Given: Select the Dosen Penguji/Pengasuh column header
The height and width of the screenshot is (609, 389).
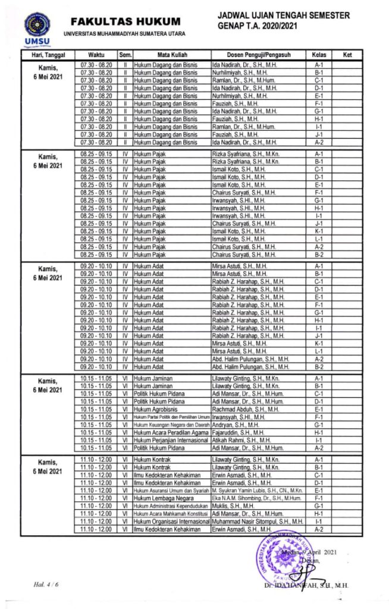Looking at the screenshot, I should pos(259,55).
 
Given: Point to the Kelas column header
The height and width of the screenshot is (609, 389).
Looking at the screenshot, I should pos(319,55).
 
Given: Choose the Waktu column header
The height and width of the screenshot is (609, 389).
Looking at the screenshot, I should pos(96,55).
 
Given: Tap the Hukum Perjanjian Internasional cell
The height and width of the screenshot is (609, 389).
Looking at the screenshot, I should pos(171,440).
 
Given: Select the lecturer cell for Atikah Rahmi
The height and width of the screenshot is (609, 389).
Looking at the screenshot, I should pos(238,440).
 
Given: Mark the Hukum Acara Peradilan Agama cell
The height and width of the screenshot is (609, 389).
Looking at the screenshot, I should pos(170,432).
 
